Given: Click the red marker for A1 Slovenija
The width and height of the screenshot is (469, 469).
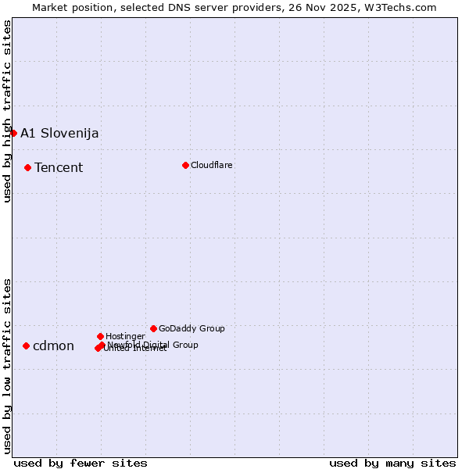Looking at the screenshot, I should (13, 133).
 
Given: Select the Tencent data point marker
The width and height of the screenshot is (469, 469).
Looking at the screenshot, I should (27, 167).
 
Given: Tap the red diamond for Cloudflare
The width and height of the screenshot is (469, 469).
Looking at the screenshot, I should (185, 165).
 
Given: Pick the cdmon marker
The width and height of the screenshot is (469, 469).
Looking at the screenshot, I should (26, 345).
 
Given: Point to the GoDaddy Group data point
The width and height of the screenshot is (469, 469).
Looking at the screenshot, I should (153, 328).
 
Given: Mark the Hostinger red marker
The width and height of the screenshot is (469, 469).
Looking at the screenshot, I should (100, 336).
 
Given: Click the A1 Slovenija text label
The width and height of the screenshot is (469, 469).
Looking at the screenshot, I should (59, 133).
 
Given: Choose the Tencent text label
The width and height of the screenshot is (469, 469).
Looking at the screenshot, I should (59, 167).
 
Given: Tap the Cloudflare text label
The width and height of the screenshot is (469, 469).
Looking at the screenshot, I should (212, 165).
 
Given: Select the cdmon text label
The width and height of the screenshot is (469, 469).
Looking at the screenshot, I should (53, 345).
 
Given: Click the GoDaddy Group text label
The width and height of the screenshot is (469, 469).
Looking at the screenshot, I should (192, 328).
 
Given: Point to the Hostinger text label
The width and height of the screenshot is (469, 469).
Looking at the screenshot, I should (125, 336).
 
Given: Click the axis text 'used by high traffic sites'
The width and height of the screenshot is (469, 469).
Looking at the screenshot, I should (8, 111).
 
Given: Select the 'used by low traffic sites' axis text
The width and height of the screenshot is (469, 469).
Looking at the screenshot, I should (8, 366).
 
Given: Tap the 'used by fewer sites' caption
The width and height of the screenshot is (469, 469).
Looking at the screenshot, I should (81, 463).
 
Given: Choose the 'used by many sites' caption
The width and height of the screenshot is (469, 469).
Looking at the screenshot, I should (392, 463).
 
